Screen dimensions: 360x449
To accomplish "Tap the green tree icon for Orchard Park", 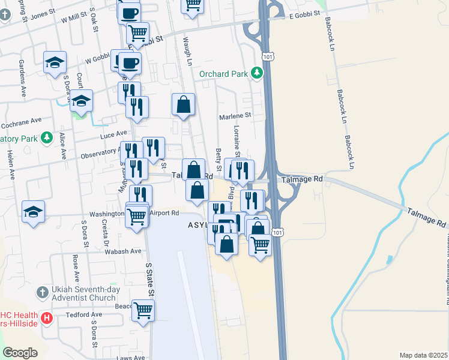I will coord(257,73).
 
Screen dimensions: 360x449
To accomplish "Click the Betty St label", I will coord(218,159).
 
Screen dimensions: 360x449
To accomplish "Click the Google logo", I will coord(20,353).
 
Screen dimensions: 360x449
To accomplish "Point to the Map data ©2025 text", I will coord(423,355).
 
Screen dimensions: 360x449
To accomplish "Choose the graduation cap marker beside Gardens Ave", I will coord(55,62).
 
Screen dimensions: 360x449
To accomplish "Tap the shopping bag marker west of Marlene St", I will coord(183,104).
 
